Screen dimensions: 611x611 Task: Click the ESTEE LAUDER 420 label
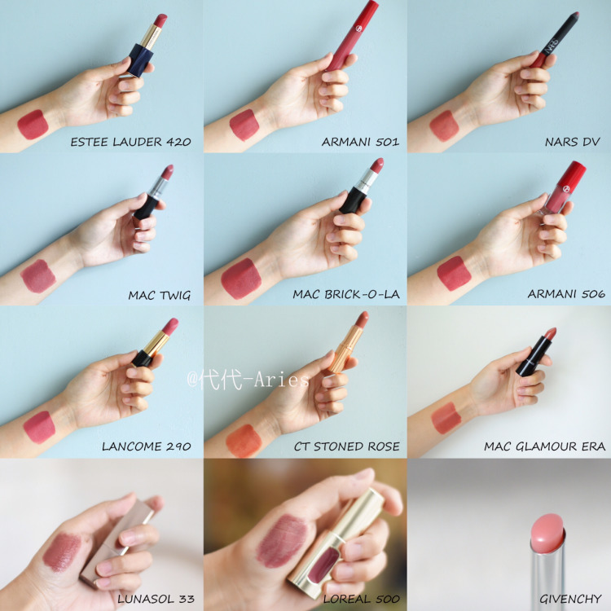click(130, 142)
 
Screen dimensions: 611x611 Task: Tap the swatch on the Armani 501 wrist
click(244, 125)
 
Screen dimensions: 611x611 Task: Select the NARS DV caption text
click(573, 142)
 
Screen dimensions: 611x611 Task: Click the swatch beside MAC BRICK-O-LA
click(241, 279)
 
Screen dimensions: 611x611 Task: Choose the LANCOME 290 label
click(147, 446)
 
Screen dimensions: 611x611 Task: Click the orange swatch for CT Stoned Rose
click(244, 441)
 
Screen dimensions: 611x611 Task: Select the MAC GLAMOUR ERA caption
click(544, 446)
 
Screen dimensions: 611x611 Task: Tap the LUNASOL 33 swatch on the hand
click(62, 552)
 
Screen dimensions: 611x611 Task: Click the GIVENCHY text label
click(570, 599)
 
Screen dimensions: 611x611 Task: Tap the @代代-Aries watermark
click(248, 379)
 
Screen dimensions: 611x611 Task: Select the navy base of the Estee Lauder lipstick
click(138, 60)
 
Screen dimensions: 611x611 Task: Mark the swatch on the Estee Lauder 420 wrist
click(33, 125)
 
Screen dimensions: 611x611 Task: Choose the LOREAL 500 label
click(361, 599)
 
